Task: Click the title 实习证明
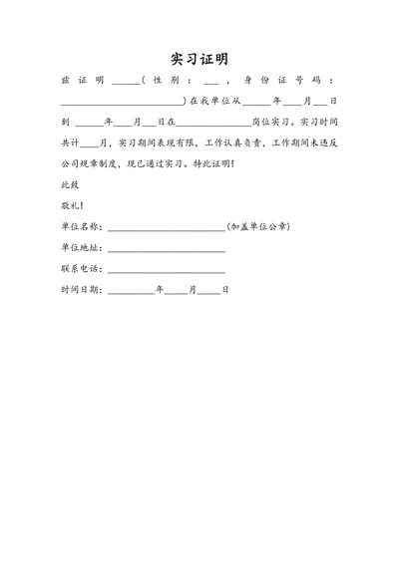click(x=199, y=58)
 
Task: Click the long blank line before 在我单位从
click(x=122, y=103)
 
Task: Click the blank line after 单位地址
click(x=166, y=250)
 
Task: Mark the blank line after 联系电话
click(x=166, y=271)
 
